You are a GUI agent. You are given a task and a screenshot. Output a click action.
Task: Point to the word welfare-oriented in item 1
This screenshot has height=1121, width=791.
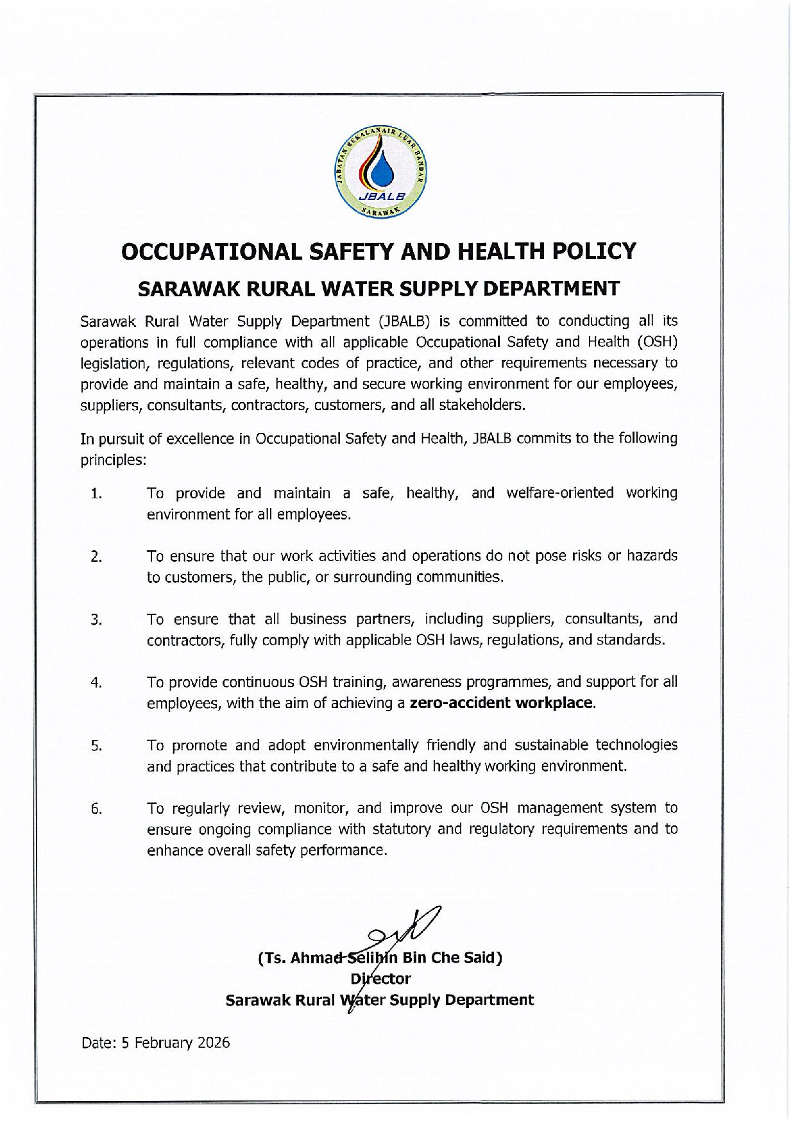(x=560, y=493)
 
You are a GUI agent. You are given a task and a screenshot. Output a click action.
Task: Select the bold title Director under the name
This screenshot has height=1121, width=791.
(x=380, y=979)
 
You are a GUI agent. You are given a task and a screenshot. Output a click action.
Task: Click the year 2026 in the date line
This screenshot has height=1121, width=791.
(x=214, y=1043)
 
